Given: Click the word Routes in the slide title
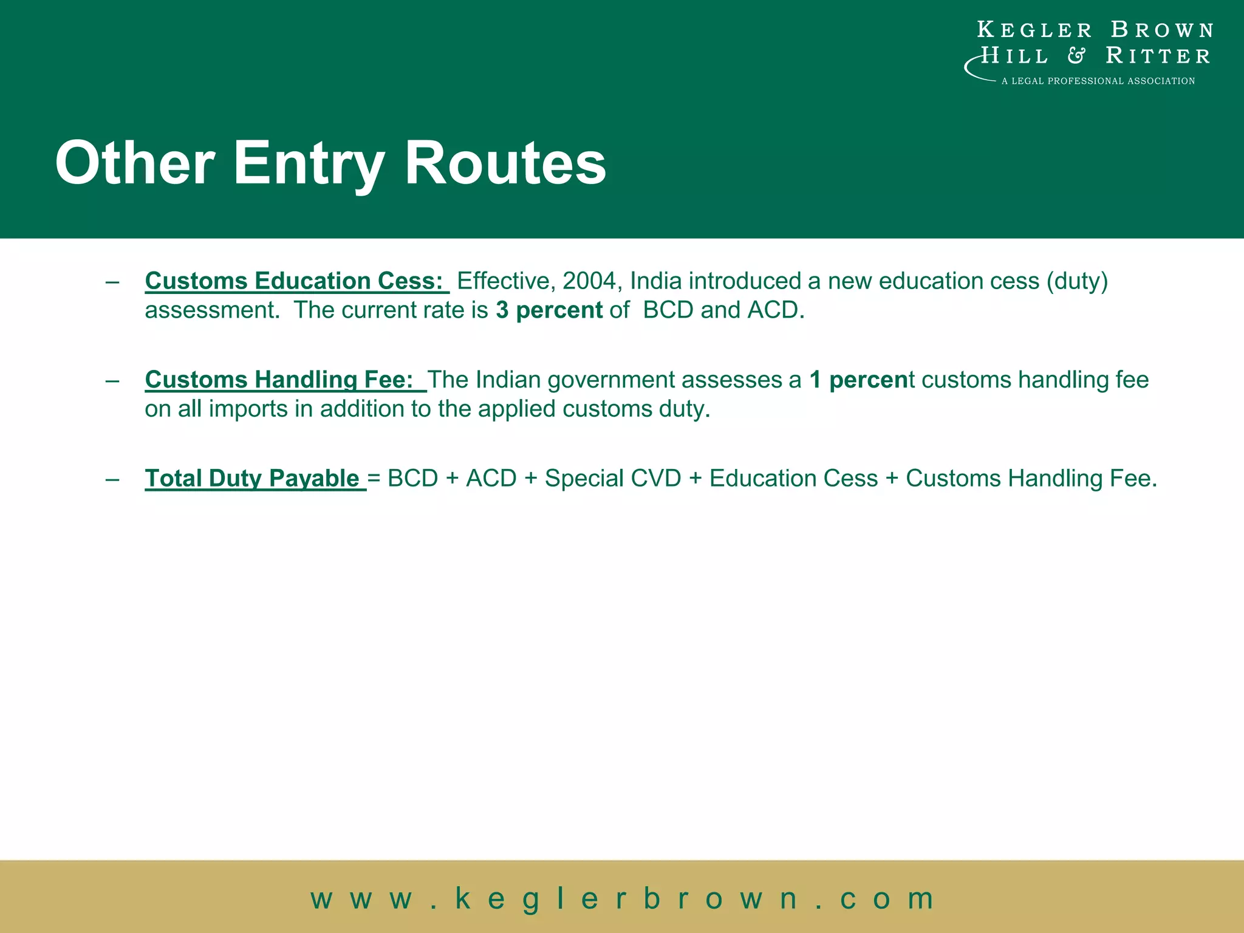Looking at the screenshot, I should [505, 163].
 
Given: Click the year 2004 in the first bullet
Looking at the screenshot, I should [589, 281].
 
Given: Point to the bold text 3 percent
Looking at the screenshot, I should [549, 310].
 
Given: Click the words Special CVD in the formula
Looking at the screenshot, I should [613, 479].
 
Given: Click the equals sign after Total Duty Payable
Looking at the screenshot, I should [374, 479].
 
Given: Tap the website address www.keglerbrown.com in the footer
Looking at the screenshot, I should [622, 898].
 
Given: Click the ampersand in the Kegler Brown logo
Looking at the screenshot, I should [1076, 56].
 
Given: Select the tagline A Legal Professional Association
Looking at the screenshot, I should [1098, 81].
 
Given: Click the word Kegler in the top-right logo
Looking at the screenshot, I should [1034, 30].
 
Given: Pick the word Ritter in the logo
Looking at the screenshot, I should [1158, 56].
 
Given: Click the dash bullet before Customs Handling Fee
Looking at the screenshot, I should [112, 380].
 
